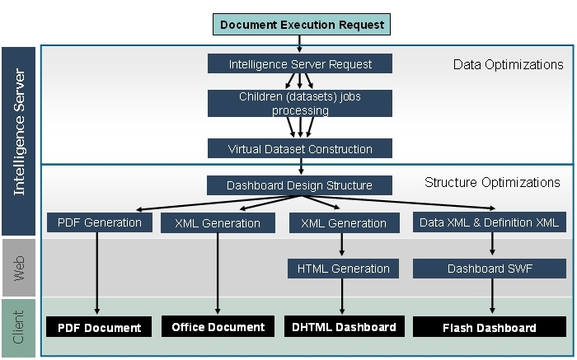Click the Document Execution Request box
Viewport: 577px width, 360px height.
(302, 24)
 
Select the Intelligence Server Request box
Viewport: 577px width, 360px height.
(299, 64)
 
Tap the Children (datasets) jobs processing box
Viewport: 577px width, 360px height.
(299, 103)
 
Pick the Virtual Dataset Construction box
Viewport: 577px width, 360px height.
(299, 149)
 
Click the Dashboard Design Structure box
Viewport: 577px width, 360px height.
(299, 185)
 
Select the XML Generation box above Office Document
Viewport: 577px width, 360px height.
(218, 222)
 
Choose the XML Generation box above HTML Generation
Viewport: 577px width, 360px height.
(343, 222)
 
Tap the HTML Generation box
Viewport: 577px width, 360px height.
(343, 268)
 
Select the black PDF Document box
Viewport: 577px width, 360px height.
(99, 327)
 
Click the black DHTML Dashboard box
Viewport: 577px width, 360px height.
(344, 327)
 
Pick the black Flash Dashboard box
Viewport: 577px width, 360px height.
(489, 327)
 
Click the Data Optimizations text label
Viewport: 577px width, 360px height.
(508, 64)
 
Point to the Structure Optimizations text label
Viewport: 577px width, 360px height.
(492, 182)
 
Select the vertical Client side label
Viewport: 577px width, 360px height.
(20, 327)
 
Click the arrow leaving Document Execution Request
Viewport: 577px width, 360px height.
(299, 44)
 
